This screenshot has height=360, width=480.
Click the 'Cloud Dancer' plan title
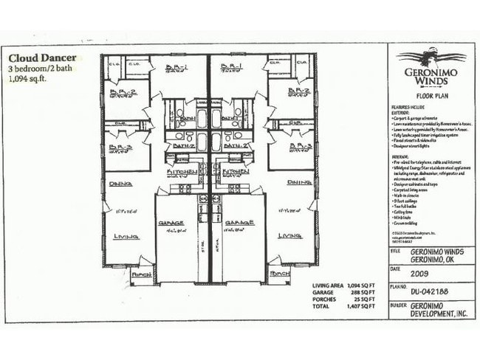click(42, 56)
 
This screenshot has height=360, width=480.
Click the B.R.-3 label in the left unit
click(120, 147)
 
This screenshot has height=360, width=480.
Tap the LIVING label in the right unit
click(288, 236)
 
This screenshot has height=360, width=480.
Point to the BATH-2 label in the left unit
click(182, 146)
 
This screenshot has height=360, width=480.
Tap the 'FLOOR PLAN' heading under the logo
click(429, 95)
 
